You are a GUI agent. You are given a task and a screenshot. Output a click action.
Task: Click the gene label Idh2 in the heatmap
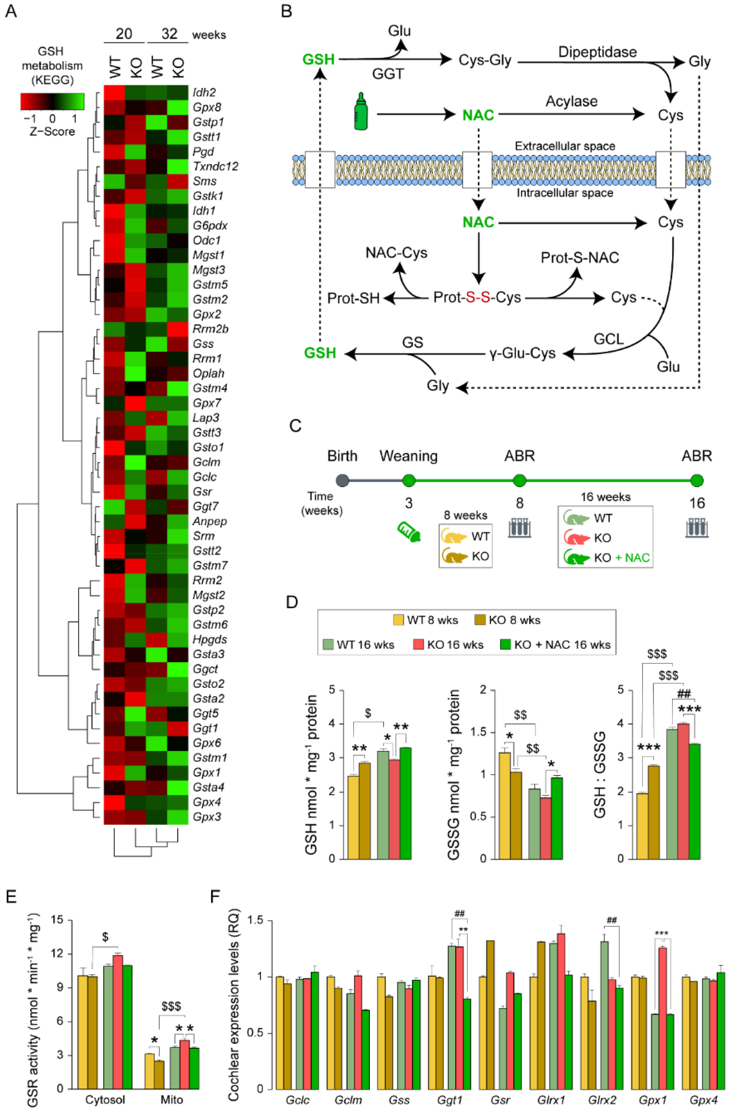coord(204,93)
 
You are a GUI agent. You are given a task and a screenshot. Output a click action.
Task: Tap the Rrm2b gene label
coord(210,329)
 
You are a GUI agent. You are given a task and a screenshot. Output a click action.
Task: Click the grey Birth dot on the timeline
coord(343,480)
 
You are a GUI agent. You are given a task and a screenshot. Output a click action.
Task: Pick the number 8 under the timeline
coord(520,503)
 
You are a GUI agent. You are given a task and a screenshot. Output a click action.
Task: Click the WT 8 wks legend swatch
coord(398,620)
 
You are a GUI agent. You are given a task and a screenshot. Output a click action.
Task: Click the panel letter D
coord(292,602)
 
